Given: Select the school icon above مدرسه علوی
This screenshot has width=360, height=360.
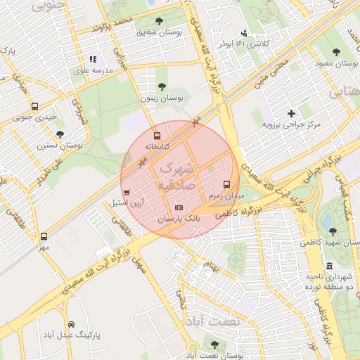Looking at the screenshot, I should (92, 60).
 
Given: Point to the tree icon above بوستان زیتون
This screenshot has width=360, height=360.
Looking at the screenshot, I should (162, 87).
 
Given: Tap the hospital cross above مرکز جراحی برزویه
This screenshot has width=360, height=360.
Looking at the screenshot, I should (291, 113).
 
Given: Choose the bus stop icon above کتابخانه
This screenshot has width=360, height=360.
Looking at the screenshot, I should (156, 136).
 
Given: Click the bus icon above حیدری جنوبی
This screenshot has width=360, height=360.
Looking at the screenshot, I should (35, 106).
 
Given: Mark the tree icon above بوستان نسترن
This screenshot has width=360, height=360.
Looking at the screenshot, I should (60, 133).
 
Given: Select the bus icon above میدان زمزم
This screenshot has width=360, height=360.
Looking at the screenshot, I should (226, 183).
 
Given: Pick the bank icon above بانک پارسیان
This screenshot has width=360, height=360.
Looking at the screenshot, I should (179, 208).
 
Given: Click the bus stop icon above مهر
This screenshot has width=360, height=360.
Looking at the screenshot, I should (44, 236).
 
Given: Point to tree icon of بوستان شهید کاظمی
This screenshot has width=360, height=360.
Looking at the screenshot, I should (332, 231).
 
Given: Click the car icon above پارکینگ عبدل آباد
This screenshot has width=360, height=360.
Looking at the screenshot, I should (72, 324).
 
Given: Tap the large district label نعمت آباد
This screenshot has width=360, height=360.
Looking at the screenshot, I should (212, 321).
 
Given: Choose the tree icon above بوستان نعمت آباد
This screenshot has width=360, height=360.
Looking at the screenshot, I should (214, 345).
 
